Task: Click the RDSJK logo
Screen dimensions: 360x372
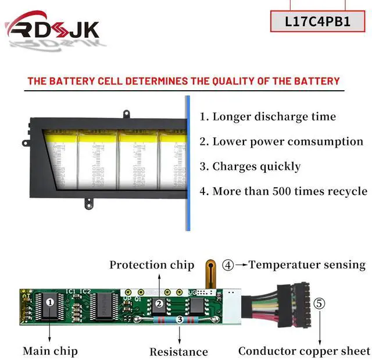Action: pos(52,28)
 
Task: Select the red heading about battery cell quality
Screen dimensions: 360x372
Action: pos(183,81)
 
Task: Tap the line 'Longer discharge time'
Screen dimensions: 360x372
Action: pos(268,116)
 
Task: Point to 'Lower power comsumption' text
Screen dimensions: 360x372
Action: pos(281,141)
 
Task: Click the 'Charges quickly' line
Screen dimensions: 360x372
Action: pos(250,166)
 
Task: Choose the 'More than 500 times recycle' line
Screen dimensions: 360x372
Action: pos(283,191)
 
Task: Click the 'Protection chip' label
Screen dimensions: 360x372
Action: pos(152,265)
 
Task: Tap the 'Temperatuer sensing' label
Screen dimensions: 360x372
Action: pos(307,265)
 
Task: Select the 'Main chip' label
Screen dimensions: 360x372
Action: pos(50,351)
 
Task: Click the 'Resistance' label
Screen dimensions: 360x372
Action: pos(178,351)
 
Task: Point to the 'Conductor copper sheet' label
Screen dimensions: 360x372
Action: pos(304,351)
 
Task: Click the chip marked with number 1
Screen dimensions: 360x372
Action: pos(50,303)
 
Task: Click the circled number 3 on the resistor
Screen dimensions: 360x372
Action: pos(180,319)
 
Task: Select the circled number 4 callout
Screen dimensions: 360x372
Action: pos(228,265)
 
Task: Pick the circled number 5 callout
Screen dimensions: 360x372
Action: pos(320,303)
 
